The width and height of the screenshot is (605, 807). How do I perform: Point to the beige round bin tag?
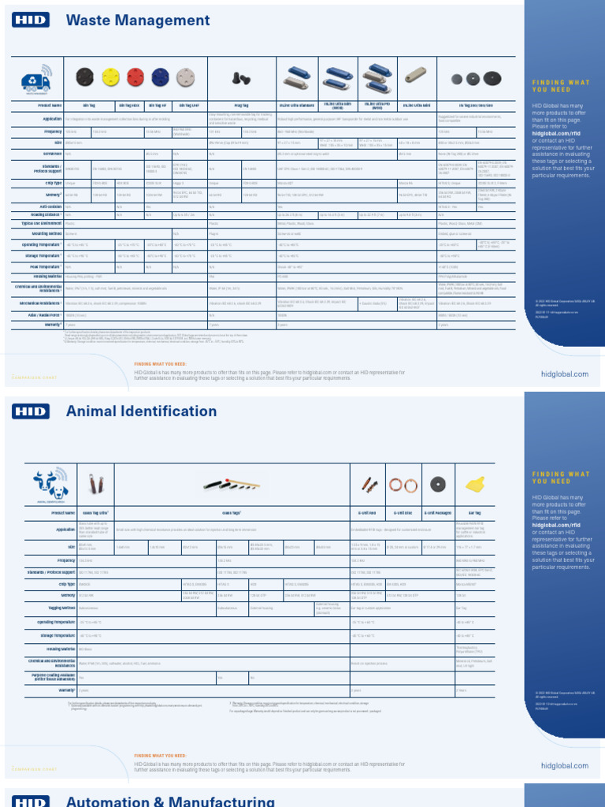click(184, 76)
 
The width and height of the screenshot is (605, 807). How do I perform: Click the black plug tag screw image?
click(238, 77)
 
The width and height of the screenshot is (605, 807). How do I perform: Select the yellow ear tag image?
click(474, 483)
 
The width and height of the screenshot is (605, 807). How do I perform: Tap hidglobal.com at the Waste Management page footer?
click(565, 374)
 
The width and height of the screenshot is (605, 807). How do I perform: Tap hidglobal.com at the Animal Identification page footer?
click(565, 765)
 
